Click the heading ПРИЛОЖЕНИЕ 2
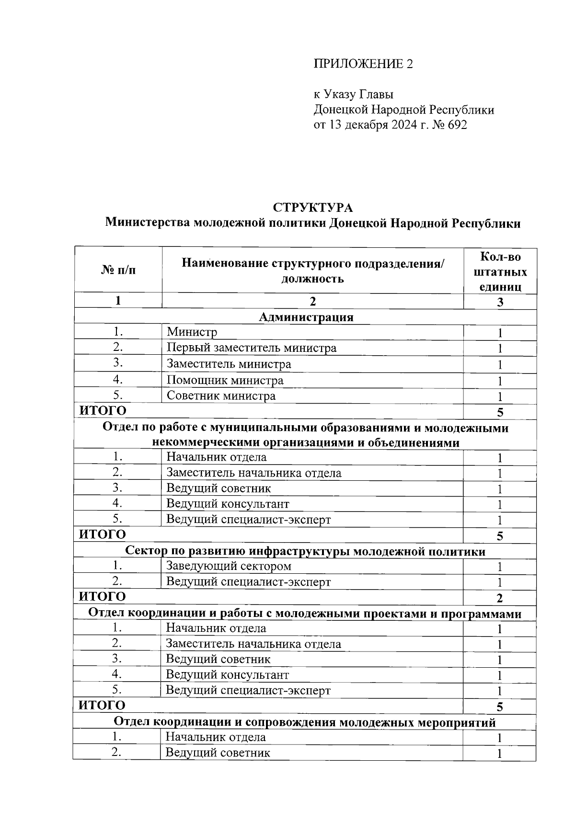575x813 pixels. tap(363, 64)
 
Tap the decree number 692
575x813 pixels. tap(455, 125)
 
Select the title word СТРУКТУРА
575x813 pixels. tap(313, 208)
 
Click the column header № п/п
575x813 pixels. tap(118, 270)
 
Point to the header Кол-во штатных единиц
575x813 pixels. tap(500, 272)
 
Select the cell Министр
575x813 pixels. tap(192, 332)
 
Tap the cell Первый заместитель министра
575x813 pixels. tap(251, 348)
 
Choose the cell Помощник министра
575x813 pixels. tap(225, 381)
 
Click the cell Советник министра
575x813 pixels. tap(221, 396)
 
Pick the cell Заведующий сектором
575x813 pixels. tap(229, 566)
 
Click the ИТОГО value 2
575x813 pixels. tap(500, 598)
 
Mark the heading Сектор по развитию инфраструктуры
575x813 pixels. tap(305, 551)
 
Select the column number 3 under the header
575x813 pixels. tap(500, 302)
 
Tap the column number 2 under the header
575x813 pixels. tap(312, 301)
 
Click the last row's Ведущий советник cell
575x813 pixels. tap(218, 753)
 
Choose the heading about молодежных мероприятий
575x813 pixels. tap(305, 722)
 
